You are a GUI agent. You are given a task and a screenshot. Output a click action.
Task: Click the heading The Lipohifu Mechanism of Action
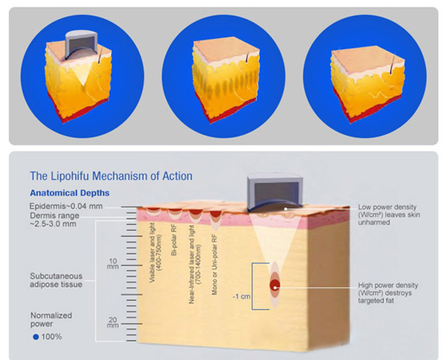(111, 176)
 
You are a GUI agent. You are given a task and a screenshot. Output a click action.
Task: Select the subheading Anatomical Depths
(70, 193)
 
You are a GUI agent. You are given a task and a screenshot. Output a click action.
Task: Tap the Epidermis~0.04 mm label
(66, 206)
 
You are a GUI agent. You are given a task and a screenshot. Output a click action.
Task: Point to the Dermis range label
(55, 220)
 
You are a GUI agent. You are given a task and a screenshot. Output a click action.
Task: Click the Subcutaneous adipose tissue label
(56, 281)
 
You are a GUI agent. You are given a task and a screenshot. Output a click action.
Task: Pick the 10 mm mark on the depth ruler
(113, 263)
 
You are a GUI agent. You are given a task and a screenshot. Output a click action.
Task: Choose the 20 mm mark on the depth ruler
(113, 323)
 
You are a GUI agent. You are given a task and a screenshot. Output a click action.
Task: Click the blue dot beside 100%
(36, 337)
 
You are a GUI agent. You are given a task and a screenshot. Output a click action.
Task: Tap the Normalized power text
(51, 320)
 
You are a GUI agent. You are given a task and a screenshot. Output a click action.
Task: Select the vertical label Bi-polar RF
(175, 241)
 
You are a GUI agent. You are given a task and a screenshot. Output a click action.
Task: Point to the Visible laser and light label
(155, 253)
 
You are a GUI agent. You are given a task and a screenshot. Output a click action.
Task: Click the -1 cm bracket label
(242, 296)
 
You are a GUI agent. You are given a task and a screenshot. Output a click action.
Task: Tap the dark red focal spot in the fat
(275, 285)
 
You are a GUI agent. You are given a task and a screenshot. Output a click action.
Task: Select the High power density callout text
(387, 293)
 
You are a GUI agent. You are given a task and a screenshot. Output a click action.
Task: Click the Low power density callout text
(389, 215)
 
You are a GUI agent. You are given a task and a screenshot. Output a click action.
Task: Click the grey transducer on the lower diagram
(275, 193)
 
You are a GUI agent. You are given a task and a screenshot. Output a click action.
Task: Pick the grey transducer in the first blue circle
(81, 44)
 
